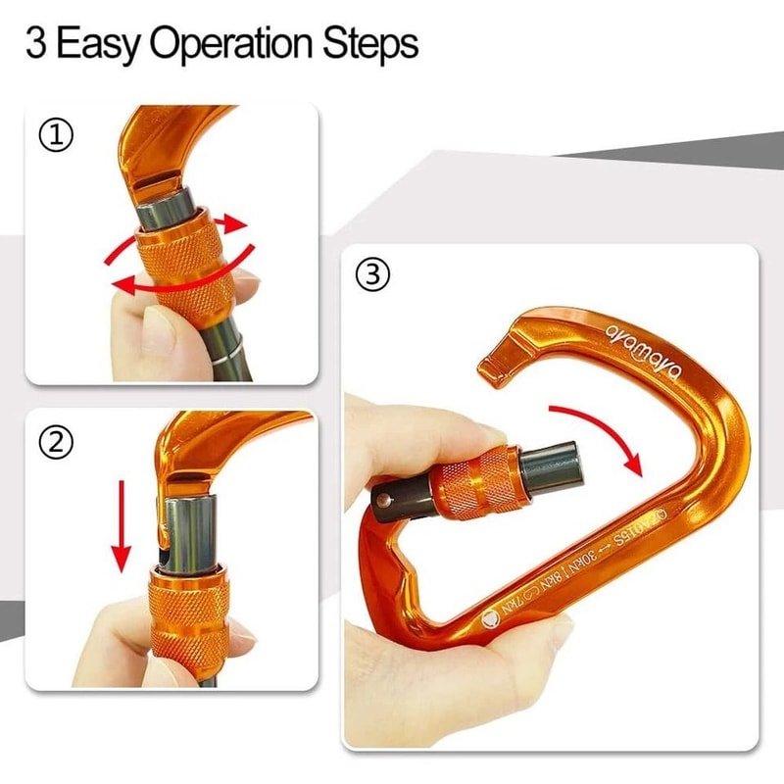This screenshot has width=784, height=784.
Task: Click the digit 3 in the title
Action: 36,44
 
